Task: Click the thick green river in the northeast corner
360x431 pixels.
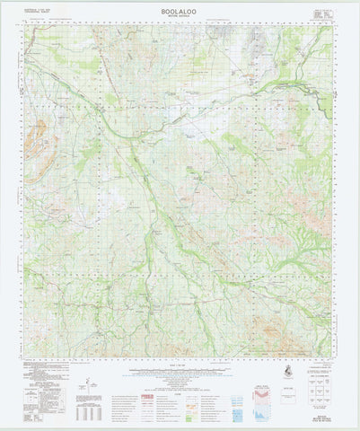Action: click(296, 86)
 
